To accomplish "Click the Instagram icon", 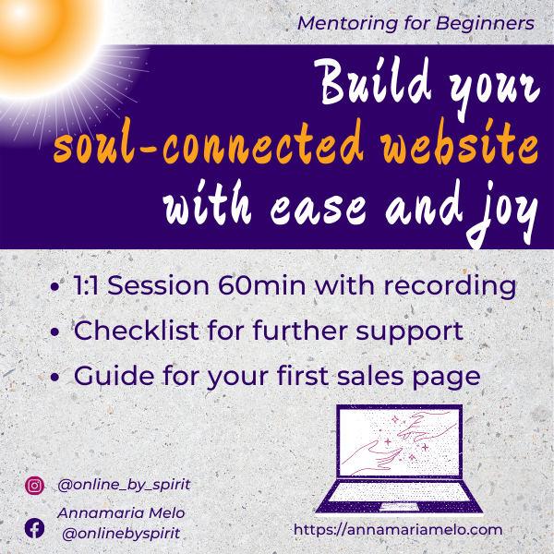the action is (x=35, y=486).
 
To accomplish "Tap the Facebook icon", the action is (x=35, y=528).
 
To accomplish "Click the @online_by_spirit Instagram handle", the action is (x=124, y=485).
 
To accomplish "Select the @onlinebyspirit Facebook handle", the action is (x=121, y=534).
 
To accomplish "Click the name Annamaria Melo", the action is (x=121, y=513).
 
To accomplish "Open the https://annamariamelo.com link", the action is (x=398, y=530).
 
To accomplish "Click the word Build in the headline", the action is (x=372, y=82).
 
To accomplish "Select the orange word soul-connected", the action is (x=209, y=142).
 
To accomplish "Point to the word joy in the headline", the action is (x=501, y=211).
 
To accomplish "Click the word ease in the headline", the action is (x=318, y=210).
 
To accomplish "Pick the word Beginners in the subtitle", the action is (x=485, y=24).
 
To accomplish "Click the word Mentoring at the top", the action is (x=348, y=24).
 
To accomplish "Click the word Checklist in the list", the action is (x=137, y=331).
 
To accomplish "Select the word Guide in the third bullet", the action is (x=114, y=376).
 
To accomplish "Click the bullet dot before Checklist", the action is (x=54, y=332).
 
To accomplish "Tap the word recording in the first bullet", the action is (x=451, y=287).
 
